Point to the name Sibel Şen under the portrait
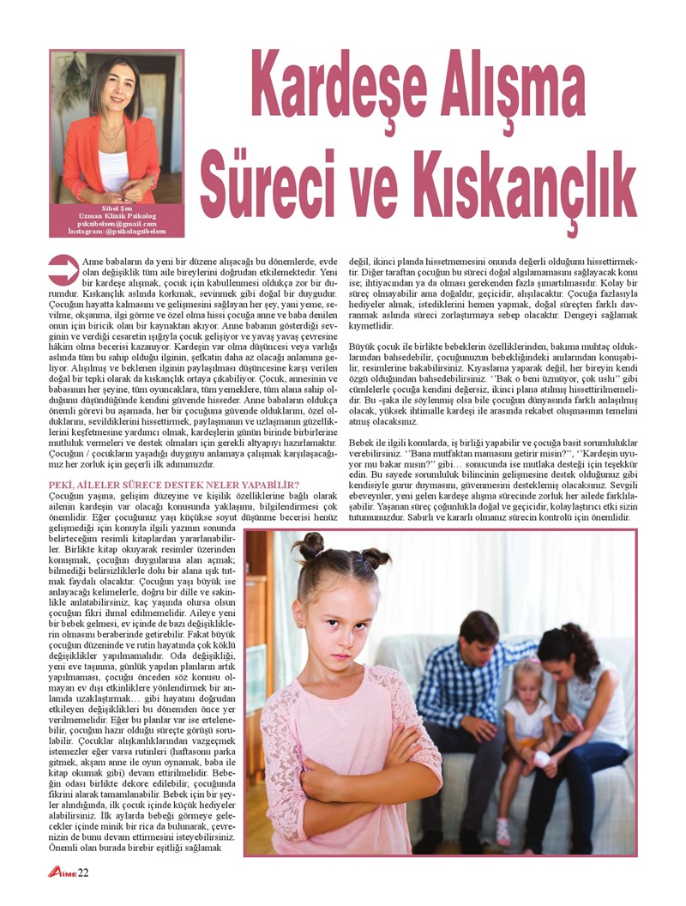117,208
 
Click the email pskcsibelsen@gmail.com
117,224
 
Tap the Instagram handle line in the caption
117,232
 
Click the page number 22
83,873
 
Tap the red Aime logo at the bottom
61,873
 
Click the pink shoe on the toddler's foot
502,831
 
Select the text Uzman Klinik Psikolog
117,216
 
